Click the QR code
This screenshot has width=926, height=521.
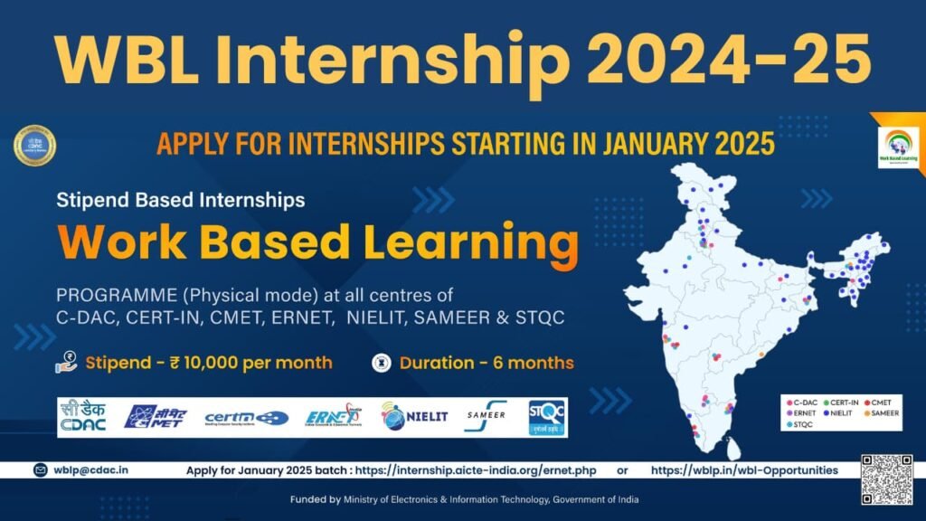(886, 479)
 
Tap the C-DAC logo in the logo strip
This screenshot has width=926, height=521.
(83, 416)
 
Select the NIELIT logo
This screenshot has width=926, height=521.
(414, 417)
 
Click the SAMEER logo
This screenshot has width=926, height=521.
(486, 416)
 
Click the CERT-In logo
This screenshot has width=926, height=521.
(246, 417)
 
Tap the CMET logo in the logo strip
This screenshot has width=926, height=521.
(156, 417)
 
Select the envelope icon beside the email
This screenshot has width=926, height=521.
(41, 470)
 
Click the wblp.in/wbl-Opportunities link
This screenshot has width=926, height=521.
(743, 470)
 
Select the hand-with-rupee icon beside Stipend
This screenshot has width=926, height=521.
(67, 363)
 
